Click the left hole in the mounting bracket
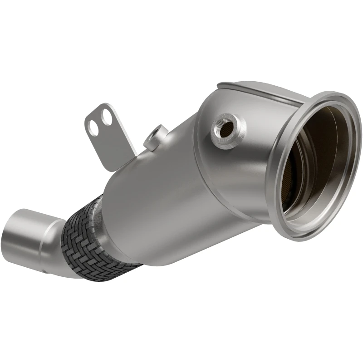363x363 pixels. click(x=93, y=128)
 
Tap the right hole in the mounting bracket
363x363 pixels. click(x=107, y=118)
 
